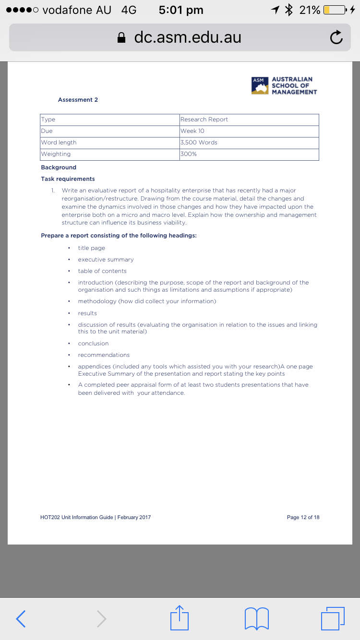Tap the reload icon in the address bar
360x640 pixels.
336,37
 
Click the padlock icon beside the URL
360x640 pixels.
122,38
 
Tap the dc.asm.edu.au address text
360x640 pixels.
188,37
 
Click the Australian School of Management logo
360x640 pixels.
284,85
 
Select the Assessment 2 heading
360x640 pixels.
78,100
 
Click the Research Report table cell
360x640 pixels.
204,119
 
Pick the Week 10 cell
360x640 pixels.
192,131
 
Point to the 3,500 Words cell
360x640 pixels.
199,142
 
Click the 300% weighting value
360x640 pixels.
189,154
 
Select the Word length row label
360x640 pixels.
59,142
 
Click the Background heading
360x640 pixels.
59,167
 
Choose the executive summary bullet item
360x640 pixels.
106,260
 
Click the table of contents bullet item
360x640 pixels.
102,271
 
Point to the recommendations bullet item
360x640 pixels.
104,355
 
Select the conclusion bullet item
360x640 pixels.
93,344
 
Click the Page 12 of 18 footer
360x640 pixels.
303,517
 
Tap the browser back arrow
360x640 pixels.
21,618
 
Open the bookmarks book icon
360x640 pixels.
256,618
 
